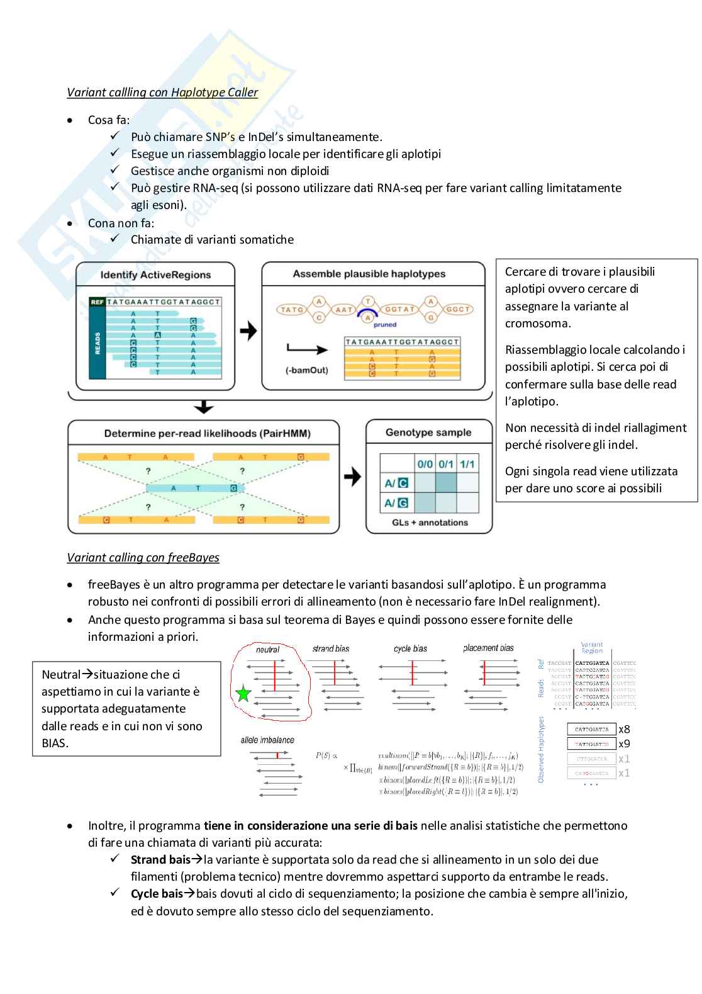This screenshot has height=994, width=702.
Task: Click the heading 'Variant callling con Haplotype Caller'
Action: [162, 93]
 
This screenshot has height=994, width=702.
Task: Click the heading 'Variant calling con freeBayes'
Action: [143, 558]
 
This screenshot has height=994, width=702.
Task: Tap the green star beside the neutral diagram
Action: [243, 695]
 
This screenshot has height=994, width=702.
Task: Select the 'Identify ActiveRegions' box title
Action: [155, 275]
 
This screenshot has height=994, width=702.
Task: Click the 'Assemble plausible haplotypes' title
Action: [369, 274]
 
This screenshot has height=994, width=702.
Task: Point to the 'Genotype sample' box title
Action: [428, 432]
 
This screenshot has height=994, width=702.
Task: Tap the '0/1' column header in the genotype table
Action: [445, 465]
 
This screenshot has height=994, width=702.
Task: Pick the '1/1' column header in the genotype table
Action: [467, 465]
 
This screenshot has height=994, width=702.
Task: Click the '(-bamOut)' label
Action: [306, 370]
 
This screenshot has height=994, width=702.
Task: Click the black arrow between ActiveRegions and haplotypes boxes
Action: [248, 331]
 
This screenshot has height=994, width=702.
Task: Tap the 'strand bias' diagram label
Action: [331, 648]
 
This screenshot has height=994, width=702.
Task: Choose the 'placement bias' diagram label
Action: [488, 648]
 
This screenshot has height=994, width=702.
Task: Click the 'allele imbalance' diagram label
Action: [267, 740]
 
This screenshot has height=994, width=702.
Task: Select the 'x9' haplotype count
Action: [624, 744]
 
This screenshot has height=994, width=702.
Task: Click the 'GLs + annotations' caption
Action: [430, 522]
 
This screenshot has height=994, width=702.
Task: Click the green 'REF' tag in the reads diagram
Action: [97, 302]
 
